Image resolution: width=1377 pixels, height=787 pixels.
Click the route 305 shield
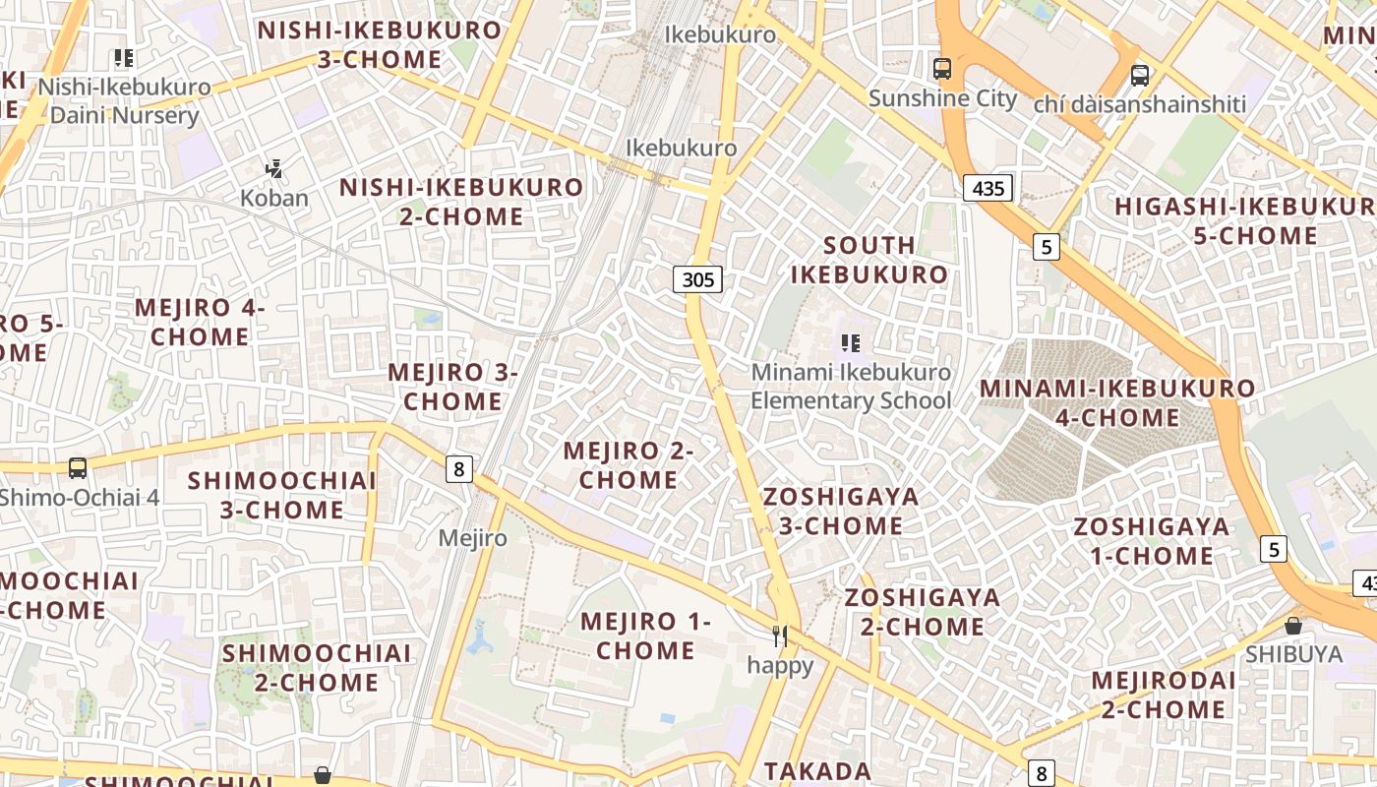[x=697, y=279]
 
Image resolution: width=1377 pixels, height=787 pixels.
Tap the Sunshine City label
[x=942, y=98]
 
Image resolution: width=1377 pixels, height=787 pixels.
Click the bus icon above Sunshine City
[x=942, y=69]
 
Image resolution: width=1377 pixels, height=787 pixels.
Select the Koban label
[x=274, y=198]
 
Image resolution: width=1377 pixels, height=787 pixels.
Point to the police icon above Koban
[x=274, y=169]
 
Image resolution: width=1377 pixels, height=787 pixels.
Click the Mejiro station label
[x=473, y=538]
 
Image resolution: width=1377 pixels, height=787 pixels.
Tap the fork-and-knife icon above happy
[x=780, y=636]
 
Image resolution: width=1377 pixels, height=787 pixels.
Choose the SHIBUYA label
[x=1293, y=654]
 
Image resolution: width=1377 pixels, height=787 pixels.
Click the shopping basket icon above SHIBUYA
[x=1293, y=626]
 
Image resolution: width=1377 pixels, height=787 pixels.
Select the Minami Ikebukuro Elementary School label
[x=851, y=387]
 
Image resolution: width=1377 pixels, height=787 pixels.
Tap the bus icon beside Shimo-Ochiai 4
[x=78, y=468]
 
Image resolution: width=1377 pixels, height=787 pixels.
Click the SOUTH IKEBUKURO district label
[x=869, y=260]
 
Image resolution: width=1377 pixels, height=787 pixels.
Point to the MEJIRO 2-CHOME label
[x=629, y=465]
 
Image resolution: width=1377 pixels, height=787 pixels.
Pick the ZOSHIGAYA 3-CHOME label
[x=841, y=511]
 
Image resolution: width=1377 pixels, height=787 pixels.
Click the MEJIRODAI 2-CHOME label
[x=1164, y=695]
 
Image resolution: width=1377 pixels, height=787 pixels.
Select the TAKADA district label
[x=818, y=771]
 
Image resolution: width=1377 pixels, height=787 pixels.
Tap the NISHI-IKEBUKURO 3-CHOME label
[x=380, y=44]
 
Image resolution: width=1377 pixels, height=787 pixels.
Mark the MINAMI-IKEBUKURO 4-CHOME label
[x=1117, y=402]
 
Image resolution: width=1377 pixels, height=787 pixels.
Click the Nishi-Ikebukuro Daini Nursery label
[x=124, y=101]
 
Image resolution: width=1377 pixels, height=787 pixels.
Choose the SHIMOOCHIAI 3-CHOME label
[x=282, y=495]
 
